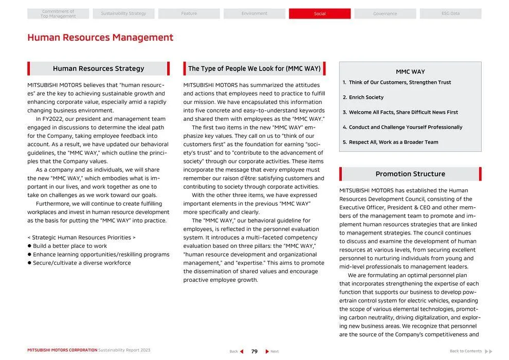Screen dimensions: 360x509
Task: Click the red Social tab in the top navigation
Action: [x=319, y=14]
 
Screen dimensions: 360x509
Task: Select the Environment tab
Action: [x=254, y=14]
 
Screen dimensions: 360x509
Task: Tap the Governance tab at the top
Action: [x=385, y=14]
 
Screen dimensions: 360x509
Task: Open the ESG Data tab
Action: [x=450, y=14]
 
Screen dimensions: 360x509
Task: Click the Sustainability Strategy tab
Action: [x=123, y=14]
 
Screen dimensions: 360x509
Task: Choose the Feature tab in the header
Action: [x=189, y=14]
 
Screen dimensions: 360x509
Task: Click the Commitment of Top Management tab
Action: [x=58, y=14]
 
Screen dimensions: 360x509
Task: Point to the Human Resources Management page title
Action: [x=100, y=38]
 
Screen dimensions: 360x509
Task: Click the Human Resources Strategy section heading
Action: [x=98, y=68]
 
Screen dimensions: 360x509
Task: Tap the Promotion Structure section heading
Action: [x=410, y=174]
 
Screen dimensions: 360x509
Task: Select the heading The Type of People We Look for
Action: [x=254, y=68]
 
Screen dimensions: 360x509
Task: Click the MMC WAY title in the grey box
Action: [x=410, y=72]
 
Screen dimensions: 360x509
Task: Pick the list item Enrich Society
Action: [x=366, y=97]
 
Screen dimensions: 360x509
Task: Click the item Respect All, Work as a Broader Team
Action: [x=393, y=142]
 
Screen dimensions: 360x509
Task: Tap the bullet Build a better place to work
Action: [x=70, y=246]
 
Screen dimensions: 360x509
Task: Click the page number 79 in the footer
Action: [x=254, y=351]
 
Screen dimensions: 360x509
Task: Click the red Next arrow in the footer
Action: [x=267, y=351]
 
